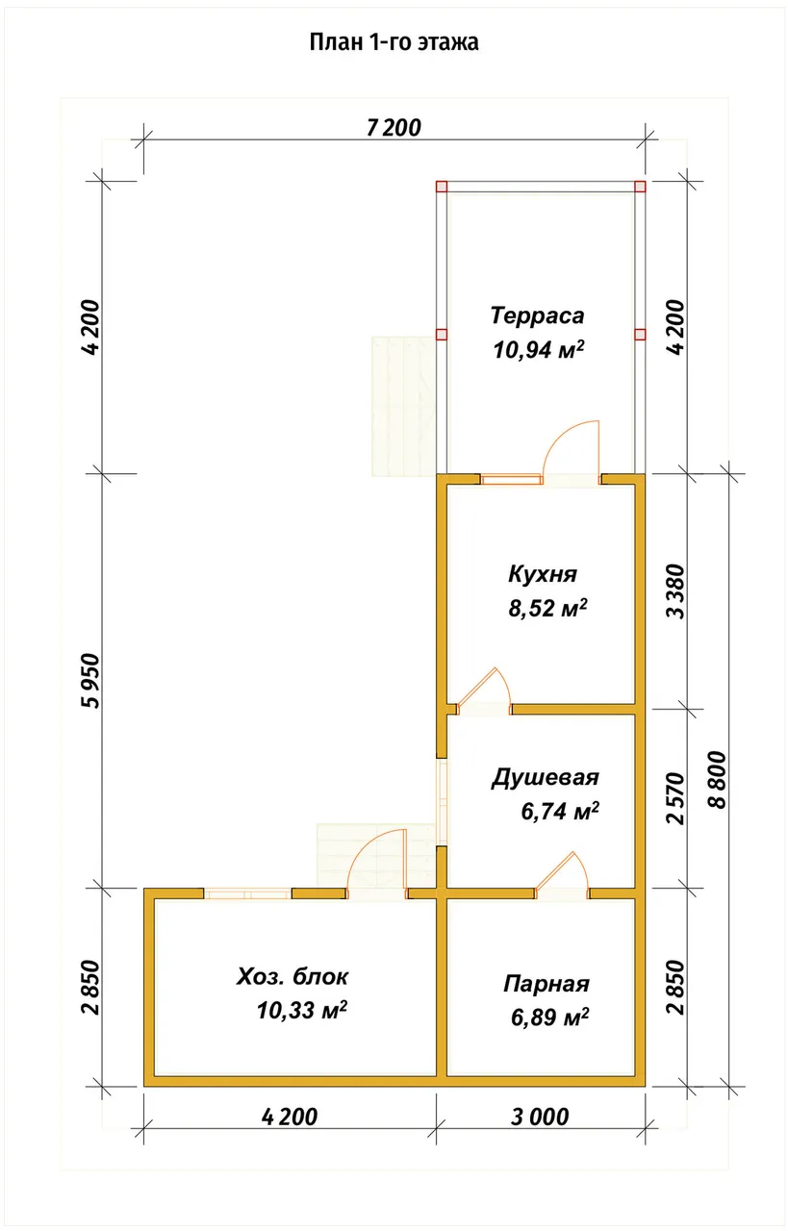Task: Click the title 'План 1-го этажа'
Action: point(394,42)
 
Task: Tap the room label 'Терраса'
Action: point(537,316)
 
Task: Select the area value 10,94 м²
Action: point(539,349)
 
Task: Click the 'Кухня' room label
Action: point(543,574)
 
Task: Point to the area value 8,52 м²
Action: point(547,609)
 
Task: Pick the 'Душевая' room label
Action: point(545,778)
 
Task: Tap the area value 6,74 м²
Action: point(560,811)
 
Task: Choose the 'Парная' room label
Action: point(547,984)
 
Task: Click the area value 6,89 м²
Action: point(549,1017)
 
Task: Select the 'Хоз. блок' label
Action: point(292,976)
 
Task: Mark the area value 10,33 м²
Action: point(302,1010)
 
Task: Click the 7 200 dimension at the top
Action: point(394,128)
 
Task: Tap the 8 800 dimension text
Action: point(717,780)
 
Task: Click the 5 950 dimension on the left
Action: point(90,681)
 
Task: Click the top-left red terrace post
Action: point(442,187)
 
